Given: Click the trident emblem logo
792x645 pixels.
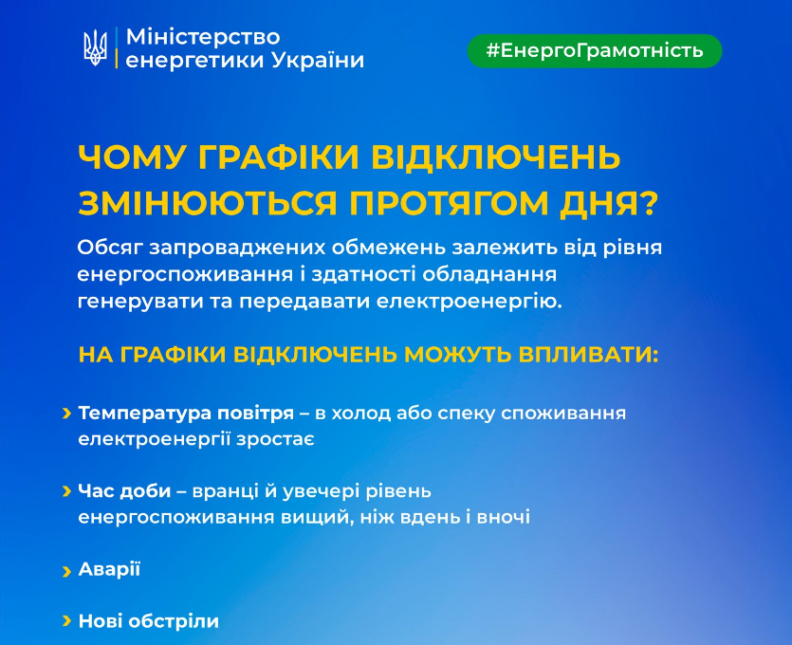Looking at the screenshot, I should tap(95, 47).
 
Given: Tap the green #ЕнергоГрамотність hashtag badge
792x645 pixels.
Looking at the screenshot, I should tap(595, 50).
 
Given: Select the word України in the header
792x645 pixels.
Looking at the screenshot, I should tap(318, 61).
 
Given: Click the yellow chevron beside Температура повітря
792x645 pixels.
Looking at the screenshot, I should tap(67, 415).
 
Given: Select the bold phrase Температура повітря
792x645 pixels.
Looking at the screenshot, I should tap(186, 415).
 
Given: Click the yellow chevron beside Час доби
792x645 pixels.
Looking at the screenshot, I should tap(67, 491).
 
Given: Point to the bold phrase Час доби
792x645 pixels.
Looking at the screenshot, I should tap(125, 491).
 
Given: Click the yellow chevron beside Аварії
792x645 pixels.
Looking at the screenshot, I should tap(67, 570).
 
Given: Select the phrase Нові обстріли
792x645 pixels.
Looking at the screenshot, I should tap(148, 621).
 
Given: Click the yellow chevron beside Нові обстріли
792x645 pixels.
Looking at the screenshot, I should tap(67, 622).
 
